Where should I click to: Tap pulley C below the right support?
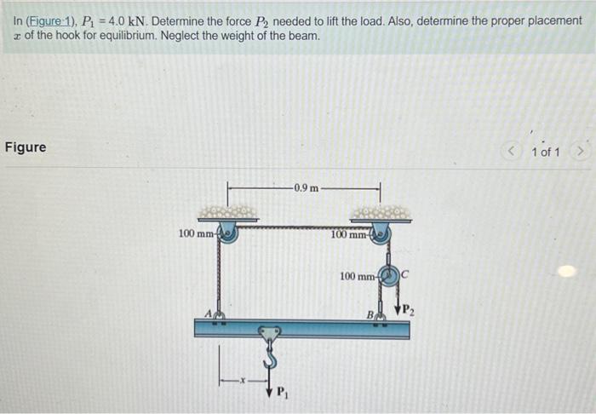coord(390,276)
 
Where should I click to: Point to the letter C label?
coord(406,274)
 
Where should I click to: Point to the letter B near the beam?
coord(371,313)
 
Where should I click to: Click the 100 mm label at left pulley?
coord(194,233)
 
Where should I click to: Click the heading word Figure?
coord(26,147)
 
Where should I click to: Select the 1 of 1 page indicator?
coord(545,152)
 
